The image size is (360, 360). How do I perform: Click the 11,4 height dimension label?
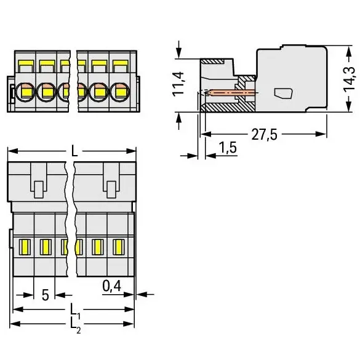coord(178,84)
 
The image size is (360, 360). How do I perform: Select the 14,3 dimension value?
coord(349,79)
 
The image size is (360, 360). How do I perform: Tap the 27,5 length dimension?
coord(264,135)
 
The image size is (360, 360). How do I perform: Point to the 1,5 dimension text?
coord(228,148)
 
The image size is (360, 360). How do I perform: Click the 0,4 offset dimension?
coord(111,286)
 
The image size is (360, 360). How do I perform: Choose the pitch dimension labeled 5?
coord(46,295)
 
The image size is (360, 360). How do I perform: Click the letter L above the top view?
coord(74,151)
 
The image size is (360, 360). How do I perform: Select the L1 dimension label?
coord(75,311)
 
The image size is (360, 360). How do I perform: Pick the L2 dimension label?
coord(75,326)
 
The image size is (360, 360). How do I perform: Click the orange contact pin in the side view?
coord(233,93)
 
